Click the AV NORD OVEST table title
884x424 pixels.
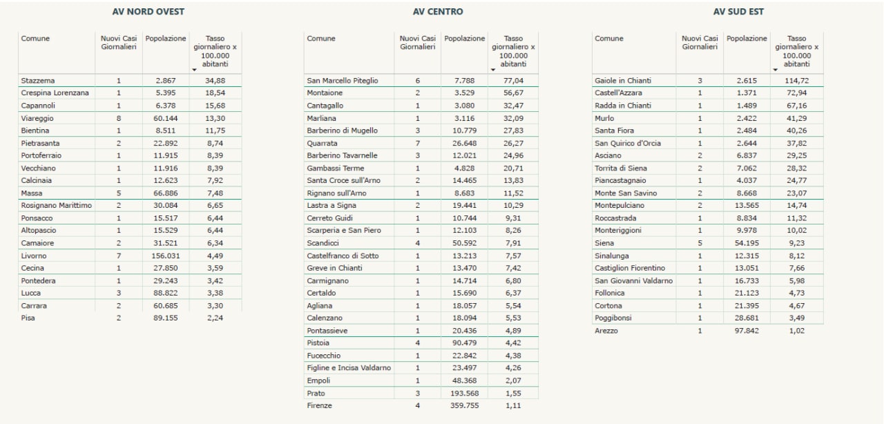[x=148, y=12]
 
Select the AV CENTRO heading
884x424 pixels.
[x=438, y=12]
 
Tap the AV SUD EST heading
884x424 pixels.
[x=738, y=12]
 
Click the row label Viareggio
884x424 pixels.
[x=37, y=118]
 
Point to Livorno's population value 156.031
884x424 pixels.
[x=166, y=256]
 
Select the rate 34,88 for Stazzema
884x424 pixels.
[x=215, y=81]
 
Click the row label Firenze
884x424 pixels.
[x=319, y=405]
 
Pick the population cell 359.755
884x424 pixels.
[x=465, y=405]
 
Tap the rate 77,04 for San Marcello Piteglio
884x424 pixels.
[x=513, y=81]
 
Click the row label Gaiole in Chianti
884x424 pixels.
[x=623, y=81]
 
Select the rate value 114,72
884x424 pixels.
[x=797, y=81]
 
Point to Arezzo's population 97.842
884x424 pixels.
[x=747, y=331]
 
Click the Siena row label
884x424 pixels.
[x=604, y=243]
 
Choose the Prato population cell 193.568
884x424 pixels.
[x=465, y=393]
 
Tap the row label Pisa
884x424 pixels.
[x=28, y=318]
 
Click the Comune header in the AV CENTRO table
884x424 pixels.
[x=321, y=38]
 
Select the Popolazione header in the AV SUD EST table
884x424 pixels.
[x=747, y=38]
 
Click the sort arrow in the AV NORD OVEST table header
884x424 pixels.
[x=194, y=70]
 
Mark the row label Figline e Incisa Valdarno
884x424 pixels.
[x=349, y=368]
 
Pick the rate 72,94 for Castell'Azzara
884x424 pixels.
[x=797, y=93]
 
